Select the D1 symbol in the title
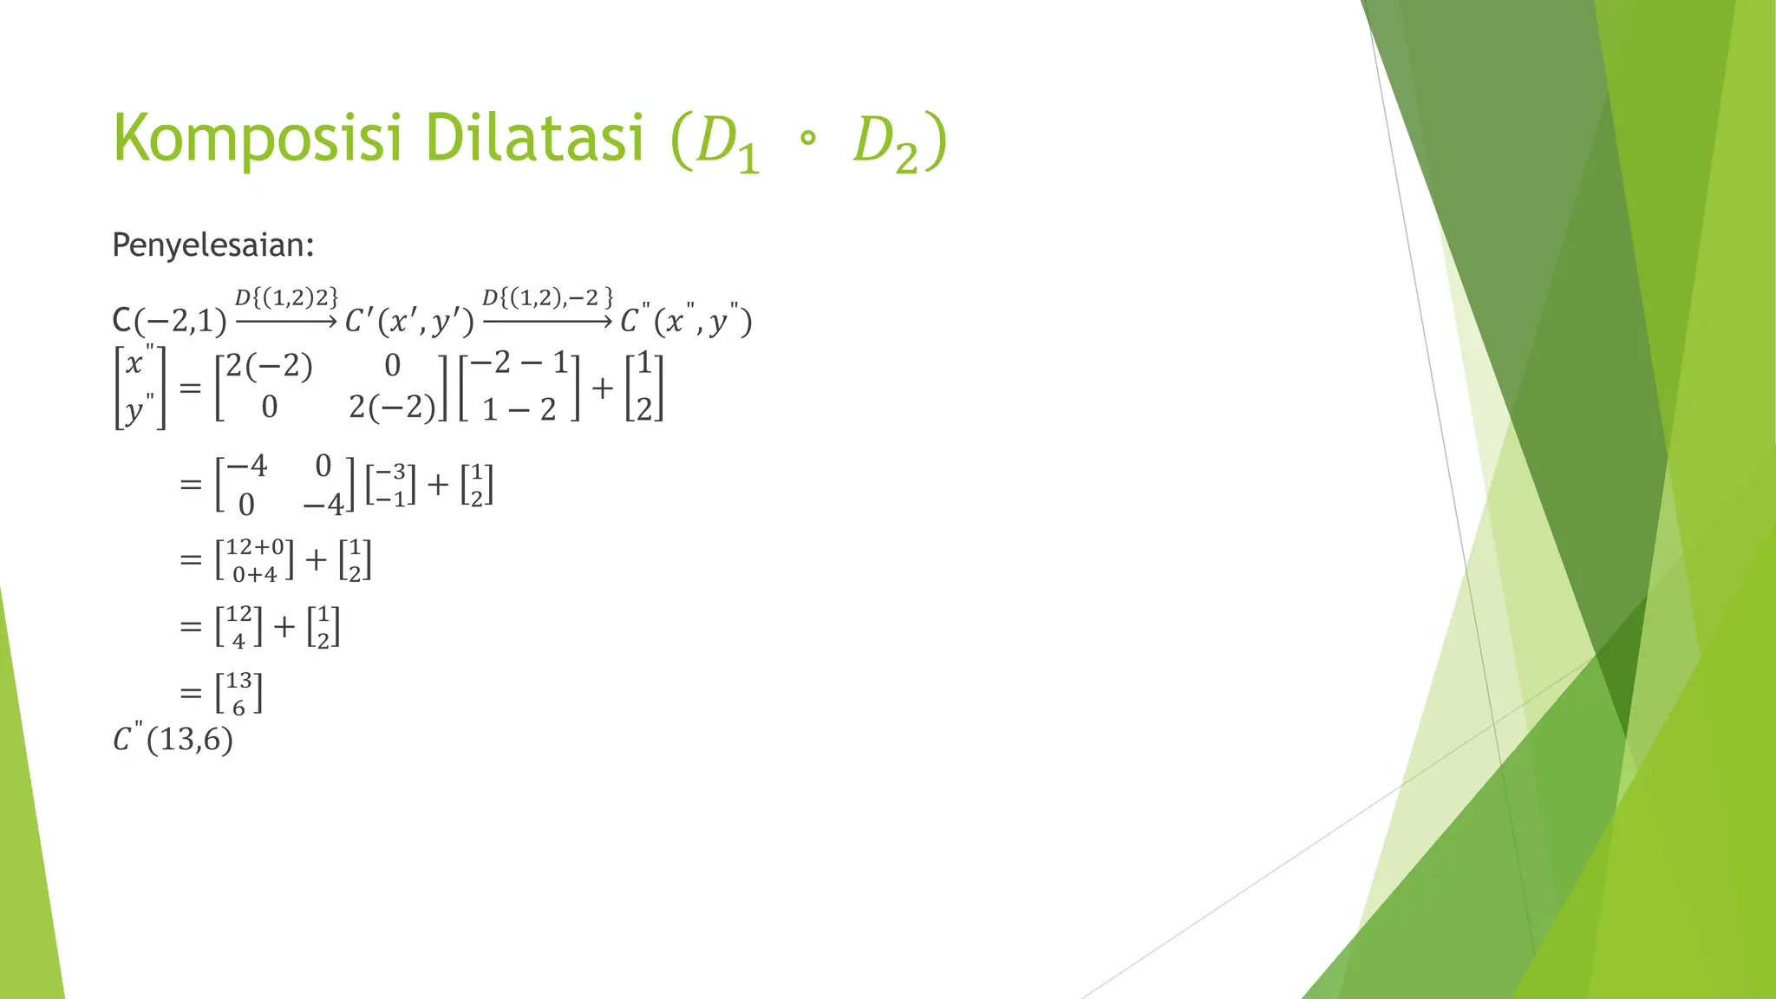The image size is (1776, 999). (728, 143)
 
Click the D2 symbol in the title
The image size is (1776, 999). (885, 143)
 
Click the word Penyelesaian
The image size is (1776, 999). (212, 245)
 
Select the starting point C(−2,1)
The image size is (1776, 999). (169, 322)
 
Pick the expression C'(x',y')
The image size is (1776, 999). (409, 322)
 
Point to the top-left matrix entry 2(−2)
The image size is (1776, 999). (269, 366)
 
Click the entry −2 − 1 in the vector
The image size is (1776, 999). (519, 362)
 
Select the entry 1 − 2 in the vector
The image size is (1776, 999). (519, 408)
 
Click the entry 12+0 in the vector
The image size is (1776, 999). (255, 546)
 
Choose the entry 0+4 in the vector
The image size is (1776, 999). (255, 574)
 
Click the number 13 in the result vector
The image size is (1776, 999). (238, 681)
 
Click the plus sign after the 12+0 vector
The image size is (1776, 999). (316, 559)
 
